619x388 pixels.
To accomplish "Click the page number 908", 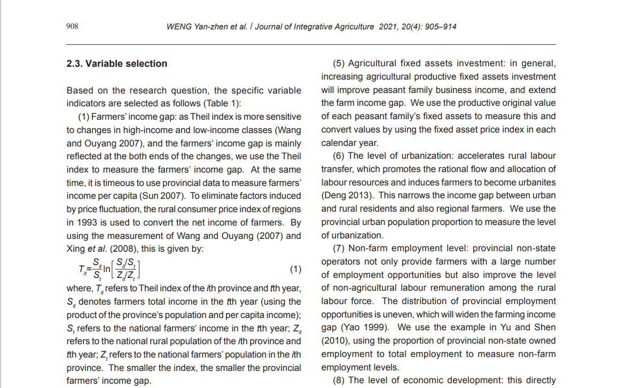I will click(x=72, y=26).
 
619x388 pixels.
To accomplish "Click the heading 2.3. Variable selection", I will click(x=116, y=64).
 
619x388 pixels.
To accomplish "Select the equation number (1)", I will click(x=295, y=269).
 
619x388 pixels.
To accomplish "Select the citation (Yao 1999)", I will click(x=362, y=328).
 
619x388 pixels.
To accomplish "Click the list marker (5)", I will click(x=340, y=64).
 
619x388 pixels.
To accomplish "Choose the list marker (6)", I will click(x=340, y=156).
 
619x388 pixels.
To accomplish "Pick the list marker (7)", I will click(x=340, y=249).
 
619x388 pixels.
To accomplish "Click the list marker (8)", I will click(x=340, y=381).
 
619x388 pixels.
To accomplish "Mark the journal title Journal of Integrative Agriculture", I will click(x=314, y=27).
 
